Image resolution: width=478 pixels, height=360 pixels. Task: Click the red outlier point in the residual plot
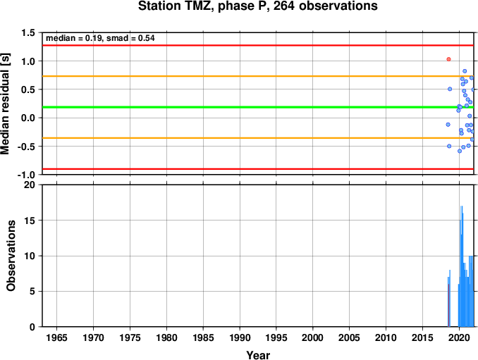pos(448,59)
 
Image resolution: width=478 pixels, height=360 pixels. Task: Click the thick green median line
pos(258,107)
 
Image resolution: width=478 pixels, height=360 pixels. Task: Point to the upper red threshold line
pos(258,45)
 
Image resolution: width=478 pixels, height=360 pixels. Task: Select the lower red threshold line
pos(258,169)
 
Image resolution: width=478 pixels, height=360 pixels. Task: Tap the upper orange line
pos(258,76)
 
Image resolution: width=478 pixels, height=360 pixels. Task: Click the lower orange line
pos(258,138)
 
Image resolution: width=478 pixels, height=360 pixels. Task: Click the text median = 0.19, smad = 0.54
pos(100,38)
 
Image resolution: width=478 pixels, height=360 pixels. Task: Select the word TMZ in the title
pos(200,6)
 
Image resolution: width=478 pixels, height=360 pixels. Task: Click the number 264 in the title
pos(284,6)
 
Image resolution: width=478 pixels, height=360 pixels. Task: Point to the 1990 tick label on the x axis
pos(240,337)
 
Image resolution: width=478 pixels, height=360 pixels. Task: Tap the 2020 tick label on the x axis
pos(459,337)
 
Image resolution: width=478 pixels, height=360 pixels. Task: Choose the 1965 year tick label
pos(56,337)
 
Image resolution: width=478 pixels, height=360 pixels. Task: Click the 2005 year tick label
pos(350,337)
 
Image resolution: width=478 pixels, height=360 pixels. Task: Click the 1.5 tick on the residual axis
pos(28,32)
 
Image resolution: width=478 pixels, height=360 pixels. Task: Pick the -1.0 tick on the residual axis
pos(26,175)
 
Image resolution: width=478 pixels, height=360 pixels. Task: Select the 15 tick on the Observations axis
pos(30,221)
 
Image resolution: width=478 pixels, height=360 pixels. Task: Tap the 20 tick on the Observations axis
pos(30,185)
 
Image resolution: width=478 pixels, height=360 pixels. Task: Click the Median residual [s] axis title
pos(5,104)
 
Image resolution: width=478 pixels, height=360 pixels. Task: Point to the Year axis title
pos(258,355)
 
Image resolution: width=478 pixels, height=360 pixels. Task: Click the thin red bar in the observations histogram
pos(448,305)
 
